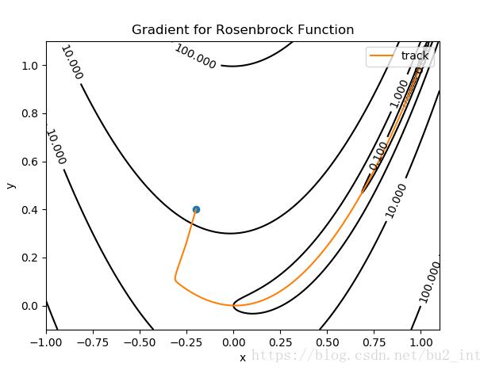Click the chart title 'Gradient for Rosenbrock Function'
(x=243, y=30)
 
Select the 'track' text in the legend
(x=415, y=55)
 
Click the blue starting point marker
(x=196, y=209)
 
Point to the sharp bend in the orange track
(x=175, y=278)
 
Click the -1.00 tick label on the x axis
(x=46, y=343)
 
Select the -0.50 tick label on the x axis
(x=140, y=343)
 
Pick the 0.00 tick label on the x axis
(x=233, y=343)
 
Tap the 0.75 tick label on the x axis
(x=374, y=343)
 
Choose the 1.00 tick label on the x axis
(x=420, y=343)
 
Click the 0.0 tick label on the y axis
(x=30, y=306)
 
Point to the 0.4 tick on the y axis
(x=30, y=209)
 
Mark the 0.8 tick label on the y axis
(x=30, y=113)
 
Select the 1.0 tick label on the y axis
(x=30, y=65)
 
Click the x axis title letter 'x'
(x=243, y=357)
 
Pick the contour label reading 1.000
(x=399, y=94)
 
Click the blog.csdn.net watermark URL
(x=365, y=357)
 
